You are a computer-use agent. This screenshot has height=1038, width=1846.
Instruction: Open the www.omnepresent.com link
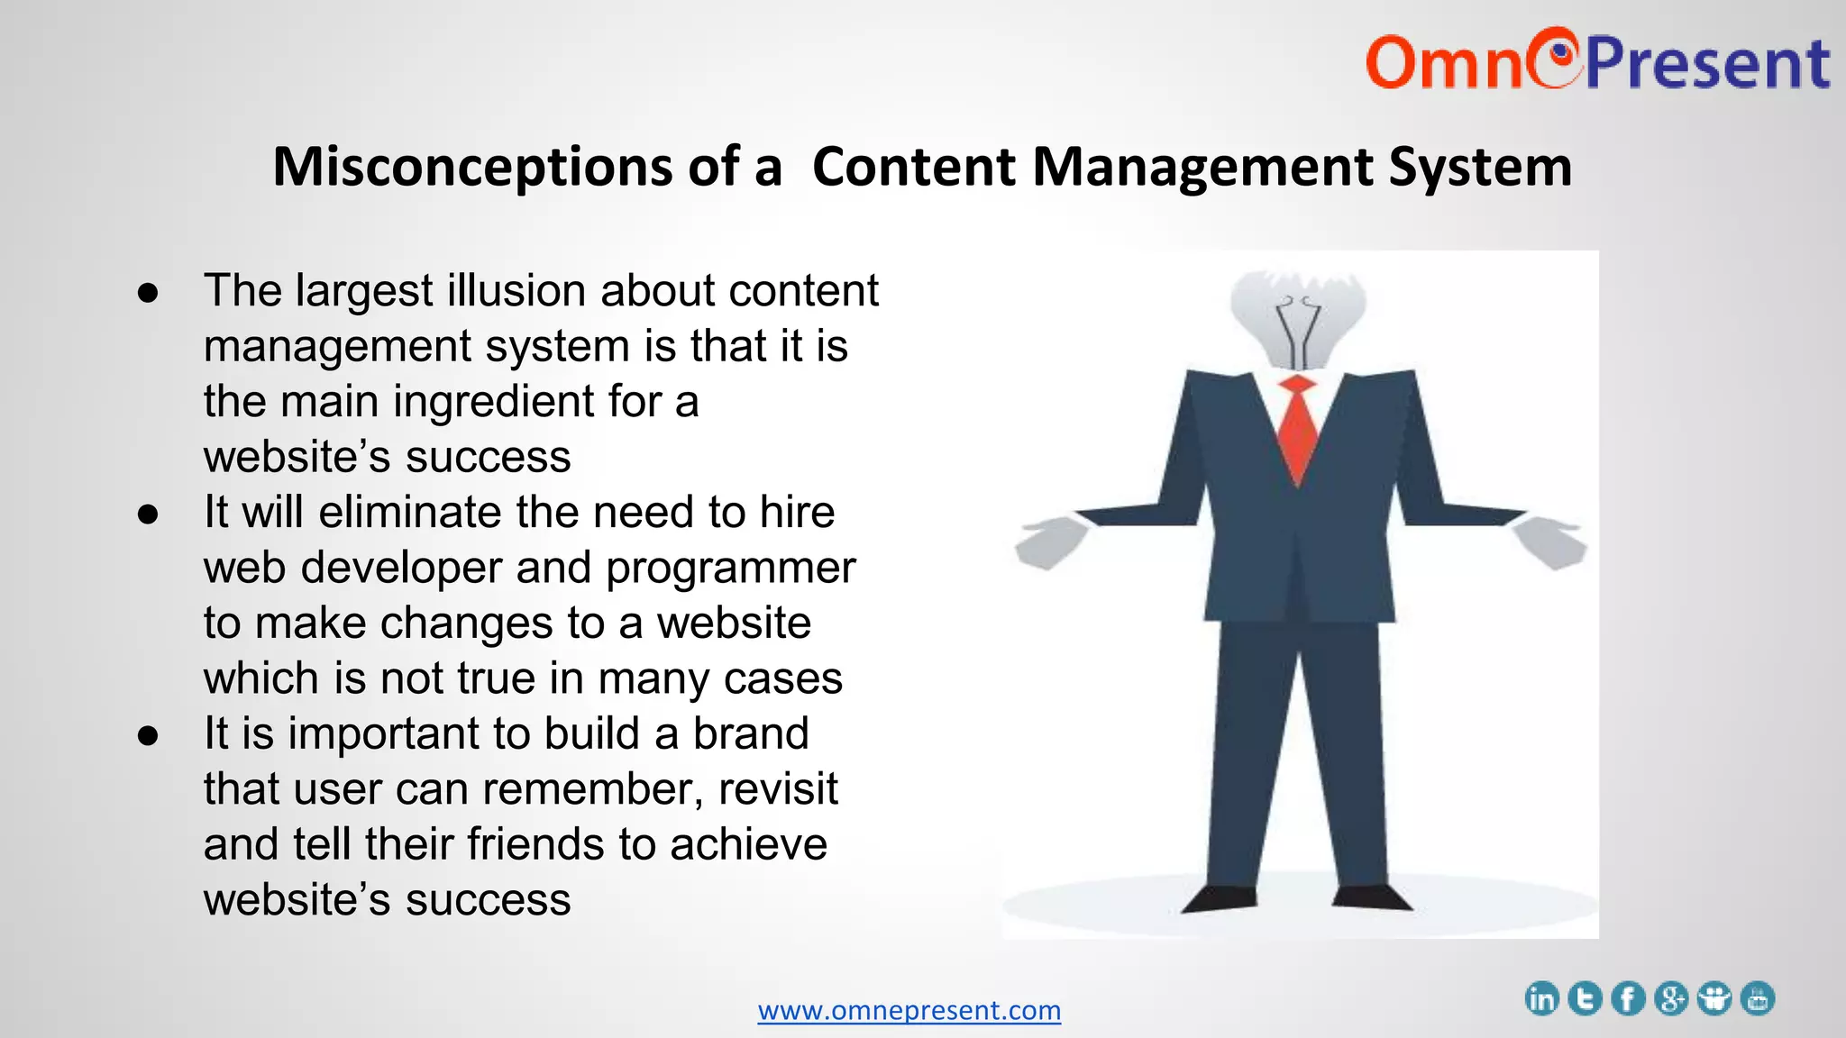909,1010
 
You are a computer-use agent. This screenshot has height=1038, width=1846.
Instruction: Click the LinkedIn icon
1541,998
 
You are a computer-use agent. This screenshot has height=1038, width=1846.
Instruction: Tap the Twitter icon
1585,998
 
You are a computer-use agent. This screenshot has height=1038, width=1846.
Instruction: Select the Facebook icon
1628,998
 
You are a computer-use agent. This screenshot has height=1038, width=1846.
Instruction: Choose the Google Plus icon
1671,998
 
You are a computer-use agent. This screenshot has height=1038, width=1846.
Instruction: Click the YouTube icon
1758,998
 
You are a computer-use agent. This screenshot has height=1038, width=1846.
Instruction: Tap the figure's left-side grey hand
1050,542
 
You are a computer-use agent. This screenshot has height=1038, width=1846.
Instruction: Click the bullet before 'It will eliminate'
148,514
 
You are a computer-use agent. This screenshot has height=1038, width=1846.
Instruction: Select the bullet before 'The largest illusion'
148,292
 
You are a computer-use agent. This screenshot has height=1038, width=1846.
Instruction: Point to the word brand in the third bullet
750,733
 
